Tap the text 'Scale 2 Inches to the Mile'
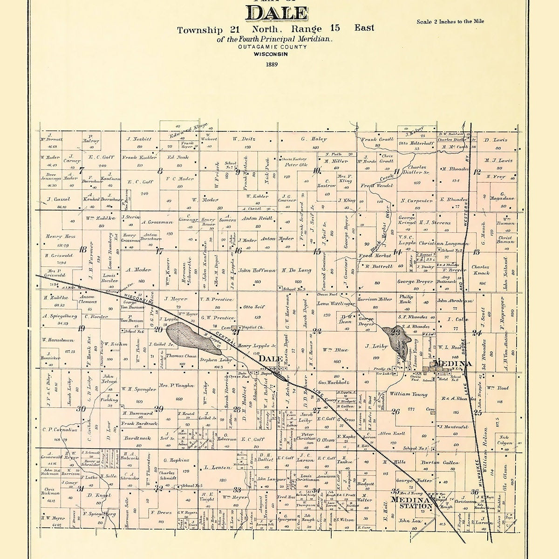[450, 21]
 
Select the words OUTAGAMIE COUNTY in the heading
[272, 47]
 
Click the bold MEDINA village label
[452, 363]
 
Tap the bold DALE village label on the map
[271, 359]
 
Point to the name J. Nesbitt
[139, 139]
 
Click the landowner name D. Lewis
[495, 140]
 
